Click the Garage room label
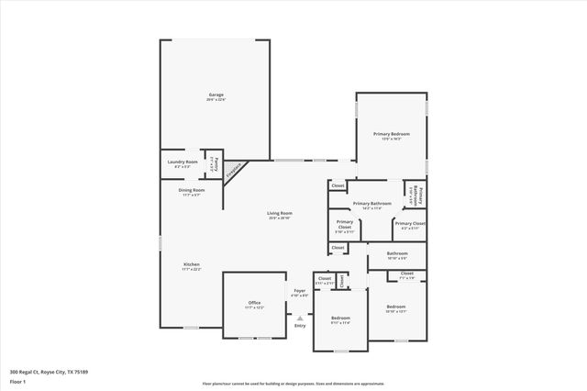[x=216, y=95]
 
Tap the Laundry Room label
[x=183, y=162]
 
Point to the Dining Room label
[x=192, y=190]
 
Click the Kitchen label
[x=191, y=264]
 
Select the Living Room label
[x=280, y=214]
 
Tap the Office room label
[x=254, y=302]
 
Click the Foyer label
[x=299, y=291]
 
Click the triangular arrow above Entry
[x=300, y=318]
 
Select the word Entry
[x=300, y=326]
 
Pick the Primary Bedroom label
[x=391, y=134]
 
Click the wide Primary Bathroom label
[x=371, y=203]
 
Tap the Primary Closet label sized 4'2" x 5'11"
[x=409, y=223]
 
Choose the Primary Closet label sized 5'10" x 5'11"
[x=345, y=223]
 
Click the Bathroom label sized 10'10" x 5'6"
[x=397, y=253]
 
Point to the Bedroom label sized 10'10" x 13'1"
[x=396, y=306]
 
